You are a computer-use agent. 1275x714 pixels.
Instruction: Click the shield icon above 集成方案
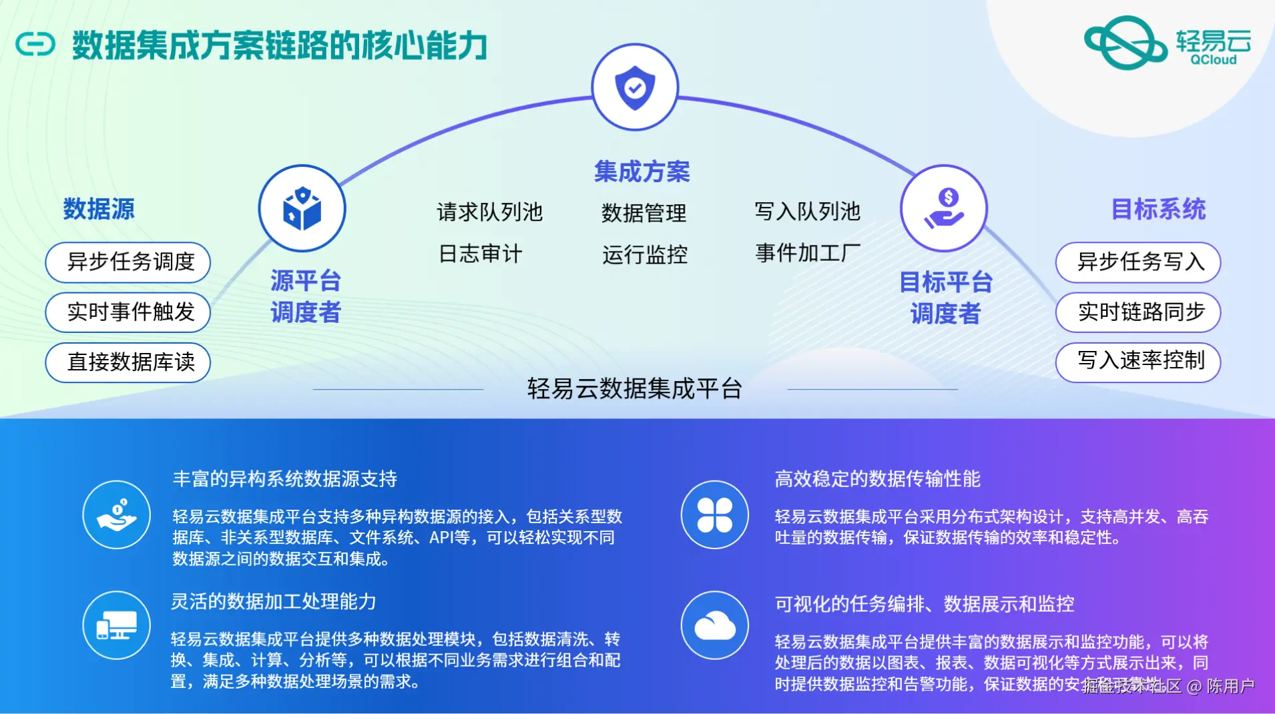[x=635, y=87]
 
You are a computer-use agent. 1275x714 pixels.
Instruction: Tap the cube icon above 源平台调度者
[x=302, y=208]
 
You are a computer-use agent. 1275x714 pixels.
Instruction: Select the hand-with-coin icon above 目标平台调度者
[x=944, y=208]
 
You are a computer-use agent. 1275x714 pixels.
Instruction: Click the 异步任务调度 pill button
[x=128, y=262]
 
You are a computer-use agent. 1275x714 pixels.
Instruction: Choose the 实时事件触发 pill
[x=128, y=312]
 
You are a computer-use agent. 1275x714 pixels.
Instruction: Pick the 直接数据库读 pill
[x=128, y=362]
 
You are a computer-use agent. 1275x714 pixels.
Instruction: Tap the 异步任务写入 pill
[x=1137, y=262]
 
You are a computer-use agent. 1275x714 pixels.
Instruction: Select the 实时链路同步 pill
[x=1137, y=312]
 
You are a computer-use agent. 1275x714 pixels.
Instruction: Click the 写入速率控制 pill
[x=1137, y=362]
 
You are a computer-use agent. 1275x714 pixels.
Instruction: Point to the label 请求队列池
[x=489, y=212]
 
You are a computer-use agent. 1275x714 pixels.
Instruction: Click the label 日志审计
[x=480, y=254]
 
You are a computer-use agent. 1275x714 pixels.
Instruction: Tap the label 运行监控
[x=644, y=255]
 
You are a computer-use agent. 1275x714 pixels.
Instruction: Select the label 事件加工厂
[x=808, y=254]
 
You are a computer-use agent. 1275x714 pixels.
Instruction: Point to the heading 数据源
[x=99, y=209]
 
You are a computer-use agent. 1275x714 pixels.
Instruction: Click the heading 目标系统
[x=1158, y=210]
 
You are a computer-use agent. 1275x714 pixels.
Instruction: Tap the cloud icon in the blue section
[x=715, y=626]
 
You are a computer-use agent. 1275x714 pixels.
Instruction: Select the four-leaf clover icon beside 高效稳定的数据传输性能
[x=715, y=514]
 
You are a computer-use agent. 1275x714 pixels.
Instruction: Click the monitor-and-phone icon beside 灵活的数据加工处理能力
[x=117, y=625]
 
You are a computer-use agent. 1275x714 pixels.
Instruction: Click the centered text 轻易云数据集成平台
[x=635, y=388]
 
